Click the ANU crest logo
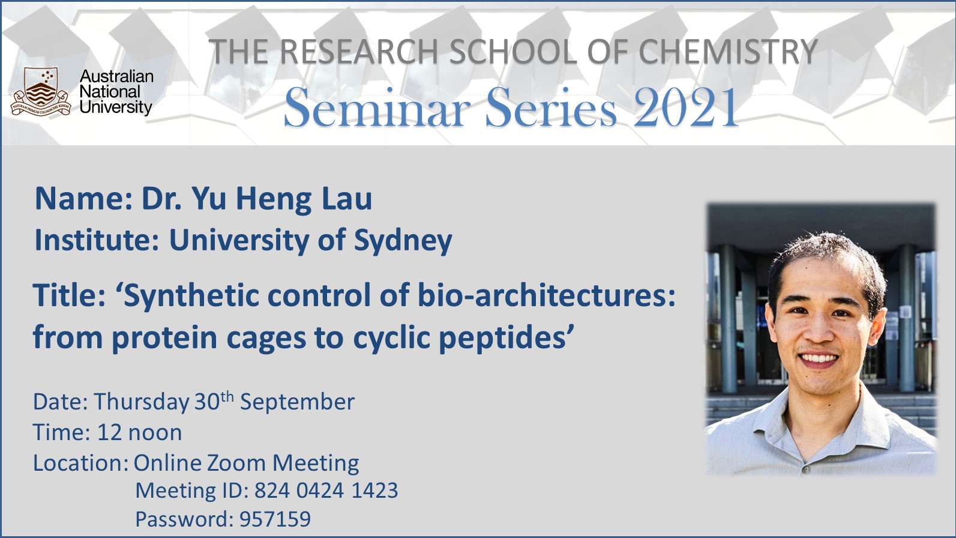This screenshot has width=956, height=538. coord(41,91)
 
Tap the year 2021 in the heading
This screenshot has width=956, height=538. coord(686,107)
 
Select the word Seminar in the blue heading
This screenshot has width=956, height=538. coord(377,107)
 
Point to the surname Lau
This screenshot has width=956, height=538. coord(346,199)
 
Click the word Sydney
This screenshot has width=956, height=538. coord(403,240)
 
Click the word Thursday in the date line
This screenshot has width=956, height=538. coord(142,402)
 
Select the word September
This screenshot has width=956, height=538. coord(297,402)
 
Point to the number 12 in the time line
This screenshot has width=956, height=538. coord(110,432)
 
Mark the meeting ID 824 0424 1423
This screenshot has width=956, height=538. coord(326,490)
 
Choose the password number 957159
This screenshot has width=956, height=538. coord(275,519)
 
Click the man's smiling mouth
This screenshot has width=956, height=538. coord(818,358)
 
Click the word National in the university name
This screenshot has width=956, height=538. coord(110,91)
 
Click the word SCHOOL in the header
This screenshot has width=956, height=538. coord(513,52)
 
